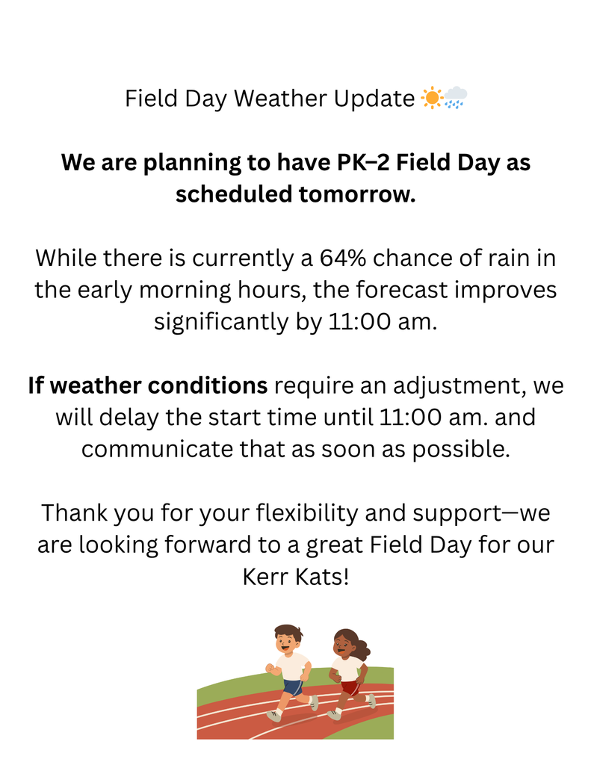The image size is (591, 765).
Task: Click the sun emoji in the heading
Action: (431, 98)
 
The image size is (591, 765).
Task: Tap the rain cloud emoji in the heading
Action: (455, 98)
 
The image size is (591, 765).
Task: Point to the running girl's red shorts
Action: (350, 687)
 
